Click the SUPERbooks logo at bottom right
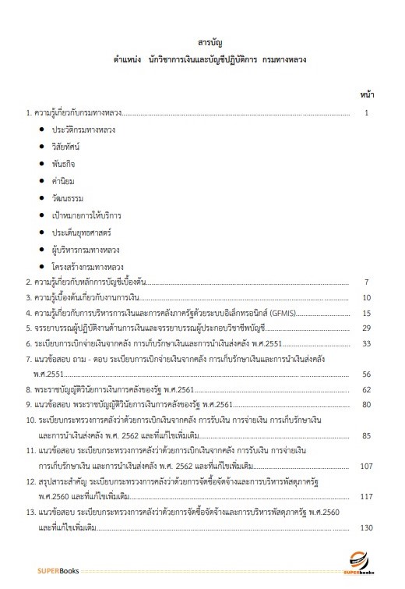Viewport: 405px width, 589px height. point(360,563)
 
